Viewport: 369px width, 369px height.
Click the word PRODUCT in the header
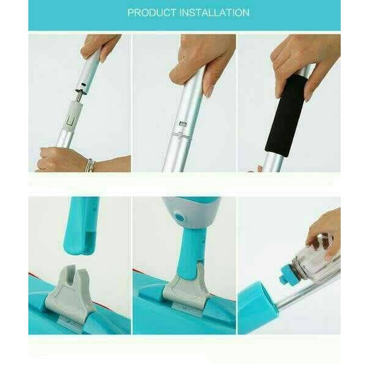pyautogui.click(x=152, y=12)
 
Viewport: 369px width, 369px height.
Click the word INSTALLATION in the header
pyautogui.click(x=215, y=12)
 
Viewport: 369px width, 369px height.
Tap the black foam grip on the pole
pyautogui.click(x=286, y=116)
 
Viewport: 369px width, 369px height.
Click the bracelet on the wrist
pyautogui.click(x=90, y=165)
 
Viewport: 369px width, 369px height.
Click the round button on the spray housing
pyautogui.click(x=180, y=218)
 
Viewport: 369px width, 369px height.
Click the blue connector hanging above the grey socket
pyautogui.click(x=81, y=226)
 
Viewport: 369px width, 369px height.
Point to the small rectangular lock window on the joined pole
pyautogui.click(x=183, y=124)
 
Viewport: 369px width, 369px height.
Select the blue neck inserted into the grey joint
pyautogui.click(x=192, y=251)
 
